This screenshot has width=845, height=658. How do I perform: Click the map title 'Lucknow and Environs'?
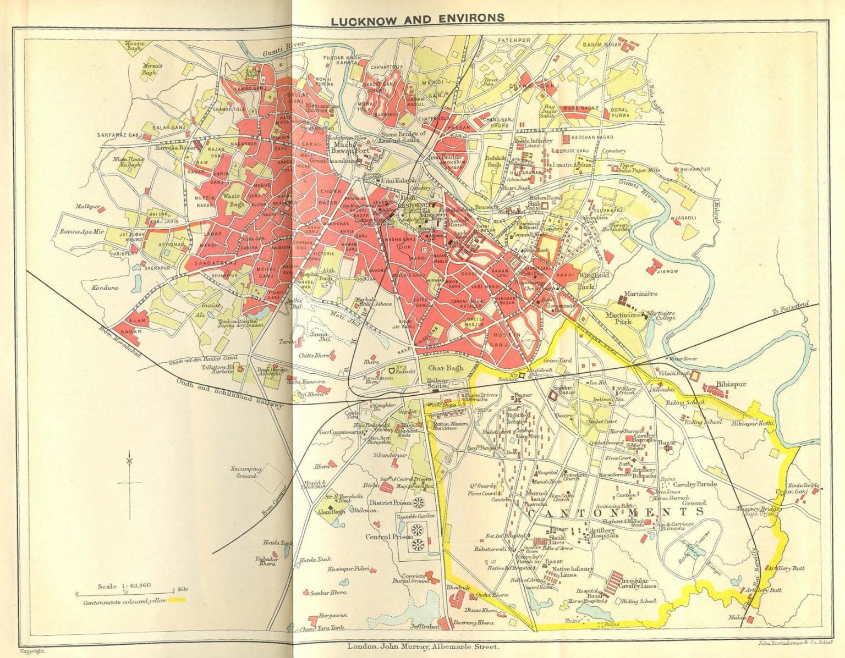tap(418, 19)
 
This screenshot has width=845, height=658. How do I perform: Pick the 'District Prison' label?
tap(390, 502)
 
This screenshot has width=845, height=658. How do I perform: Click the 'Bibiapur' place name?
tap(731, 384)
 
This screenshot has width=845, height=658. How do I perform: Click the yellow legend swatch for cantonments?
tap(177, 601)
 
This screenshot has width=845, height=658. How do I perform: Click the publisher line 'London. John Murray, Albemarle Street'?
tap(422, 647)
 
